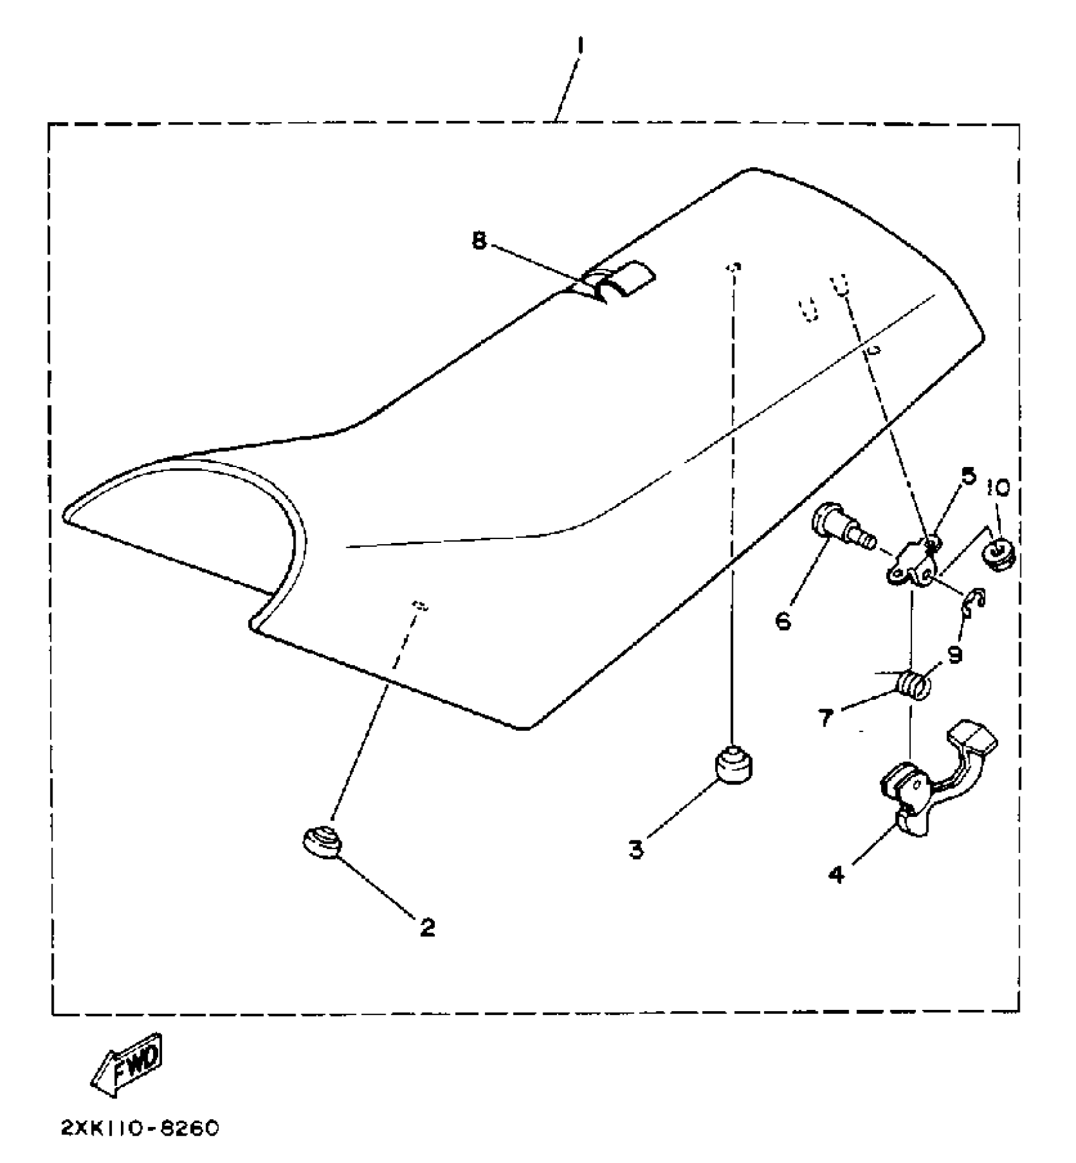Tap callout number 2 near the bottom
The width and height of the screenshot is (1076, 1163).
pos(428,928)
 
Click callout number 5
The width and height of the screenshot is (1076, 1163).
pos(969,476)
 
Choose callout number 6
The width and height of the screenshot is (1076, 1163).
pos(783,621)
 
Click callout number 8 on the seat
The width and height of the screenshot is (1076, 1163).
pos(479,240)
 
